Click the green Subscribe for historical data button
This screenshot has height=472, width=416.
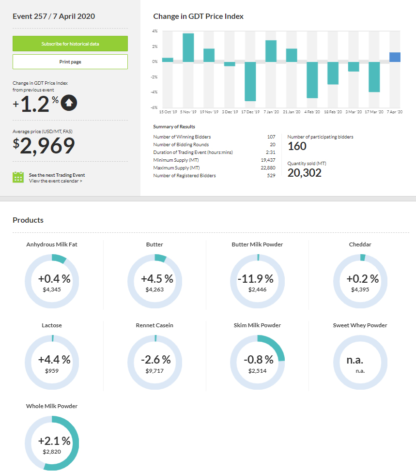pos(70,44)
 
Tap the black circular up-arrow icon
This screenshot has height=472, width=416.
pos(69,103)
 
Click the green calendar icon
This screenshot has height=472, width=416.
pos(18,177)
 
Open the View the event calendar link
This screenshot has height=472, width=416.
pos(55,181)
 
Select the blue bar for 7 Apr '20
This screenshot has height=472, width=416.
pos(395,57)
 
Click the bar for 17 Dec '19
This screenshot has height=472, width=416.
pos(250,81)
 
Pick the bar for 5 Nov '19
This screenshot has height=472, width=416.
pos(188,47)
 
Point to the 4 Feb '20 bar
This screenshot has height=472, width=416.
pos(312,79)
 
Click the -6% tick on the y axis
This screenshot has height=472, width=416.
pos(154,107)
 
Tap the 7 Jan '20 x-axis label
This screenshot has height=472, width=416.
pos(271,112)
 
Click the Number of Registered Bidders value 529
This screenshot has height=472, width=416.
pos(271,176)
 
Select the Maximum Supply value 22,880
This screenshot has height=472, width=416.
pos(268,168)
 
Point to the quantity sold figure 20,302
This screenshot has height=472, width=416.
pos(305,173)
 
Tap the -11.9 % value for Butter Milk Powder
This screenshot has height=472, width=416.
pos(255,279)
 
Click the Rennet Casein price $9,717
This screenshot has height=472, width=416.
pos(155,371)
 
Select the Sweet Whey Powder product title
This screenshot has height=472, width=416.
pos(360,325)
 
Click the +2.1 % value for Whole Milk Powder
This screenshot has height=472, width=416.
pos(54,441)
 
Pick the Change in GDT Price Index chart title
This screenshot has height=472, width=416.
pos(198,16)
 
